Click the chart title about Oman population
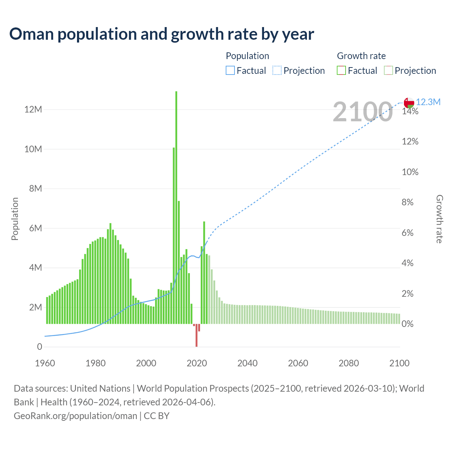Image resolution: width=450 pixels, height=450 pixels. tap(162, 34)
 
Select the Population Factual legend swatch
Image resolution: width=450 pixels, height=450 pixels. tap(230, 71)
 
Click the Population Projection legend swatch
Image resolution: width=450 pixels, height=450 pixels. tap(277, 71)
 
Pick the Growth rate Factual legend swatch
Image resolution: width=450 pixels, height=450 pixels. tap(341, 71)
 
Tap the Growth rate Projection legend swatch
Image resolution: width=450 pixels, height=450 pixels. tap(388, 71)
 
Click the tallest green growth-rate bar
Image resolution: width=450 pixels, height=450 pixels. tap(176, 207)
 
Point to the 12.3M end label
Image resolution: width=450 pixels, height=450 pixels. tap(428, 102)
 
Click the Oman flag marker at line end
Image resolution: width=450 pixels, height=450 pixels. tap(409, 103)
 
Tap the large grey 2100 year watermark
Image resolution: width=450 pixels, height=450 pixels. tap(362, 112)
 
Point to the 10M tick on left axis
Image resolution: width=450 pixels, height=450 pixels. tap(33, 149)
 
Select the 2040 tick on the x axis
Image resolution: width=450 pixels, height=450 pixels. tap(247, 363)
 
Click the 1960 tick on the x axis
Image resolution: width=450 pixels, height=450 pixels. tap(45, 363)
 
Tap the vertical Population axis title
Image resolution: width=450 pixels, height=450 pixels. tap(15, 219)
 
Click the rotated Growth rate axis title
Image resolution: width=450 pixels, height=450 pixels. tap(439, 219)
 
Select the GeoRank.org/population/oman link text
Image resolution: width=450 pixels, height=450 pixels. tap(75, 416)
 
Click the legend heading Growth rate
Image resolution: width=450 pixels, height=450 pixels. tap(361, 56)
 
